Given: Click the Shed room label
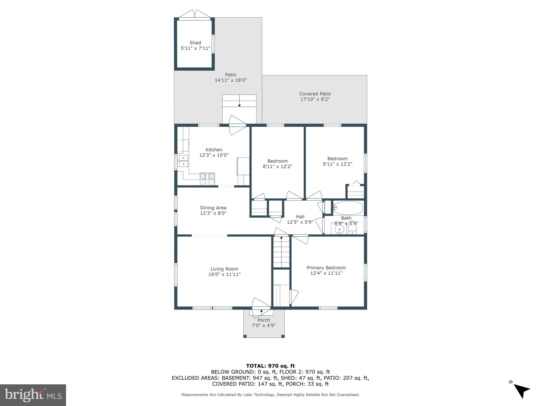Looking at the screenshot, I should (195, 43).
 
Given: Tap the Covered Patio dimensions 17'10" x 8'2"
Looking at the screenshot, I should (315, 99).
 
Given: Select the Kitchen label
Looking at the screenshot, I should (214, 150).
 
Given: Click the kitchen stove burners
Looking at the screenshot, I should (207, 179).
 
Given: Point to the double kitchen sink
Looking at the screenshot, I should (183, 161).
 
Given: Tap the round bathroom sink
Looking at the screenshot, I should (339, 229).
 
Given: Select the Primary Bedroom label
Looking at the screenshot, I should (326, 268).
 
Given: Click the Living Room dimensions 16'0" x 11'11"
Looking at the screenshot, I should (224, 274).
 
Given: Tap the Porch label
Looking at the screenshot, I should (264, 320).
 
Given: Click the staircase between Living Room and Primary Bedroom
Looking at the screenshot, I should (281, 252).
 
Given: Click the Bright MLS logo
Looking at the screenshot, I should (33, 395).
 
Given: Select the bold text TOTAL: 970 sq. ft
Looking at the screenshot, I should (270, 366).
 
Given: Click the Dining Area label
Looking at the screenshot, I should (213, 208).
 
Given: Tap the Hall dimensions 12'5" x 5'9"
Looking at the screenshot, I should (300, 222).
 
